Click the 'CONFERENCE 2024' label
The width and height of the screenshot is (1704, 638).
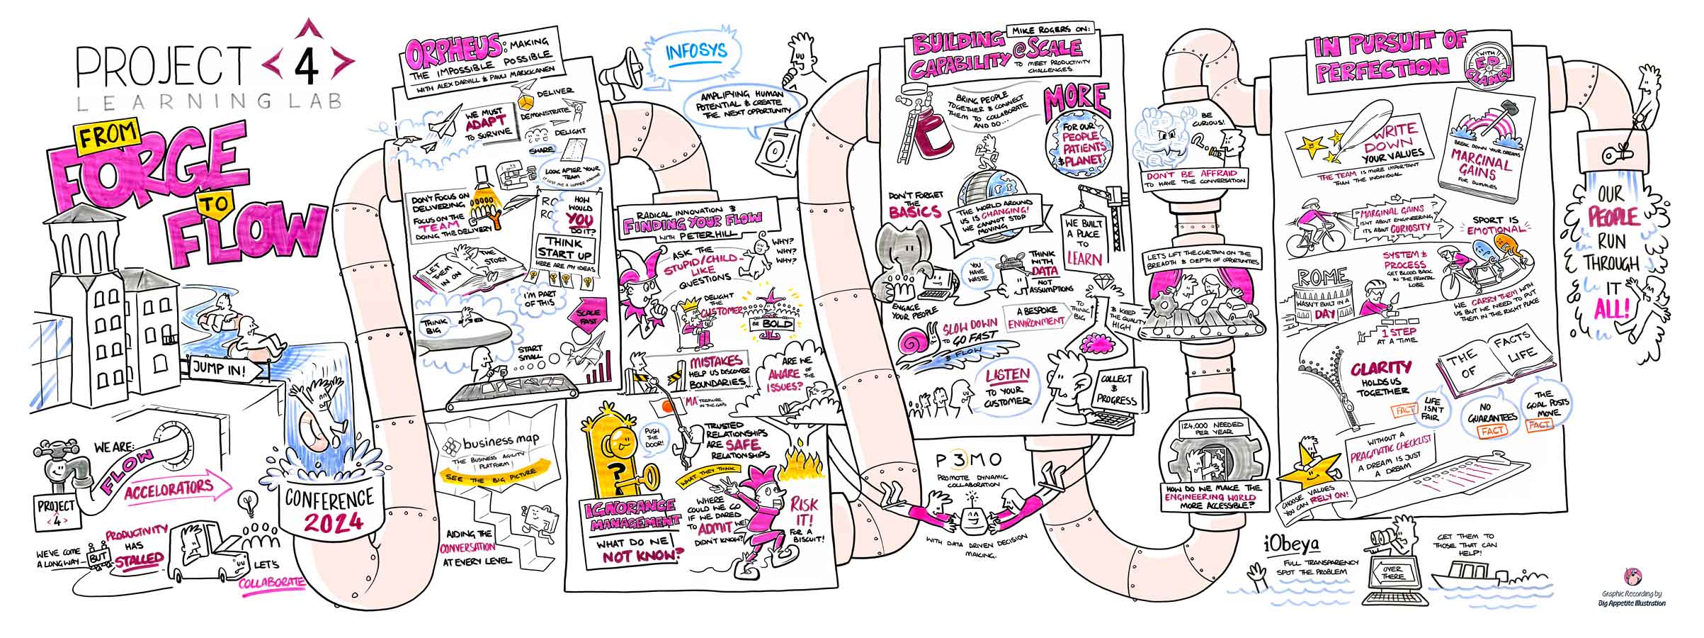click(x=329, y=510)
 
